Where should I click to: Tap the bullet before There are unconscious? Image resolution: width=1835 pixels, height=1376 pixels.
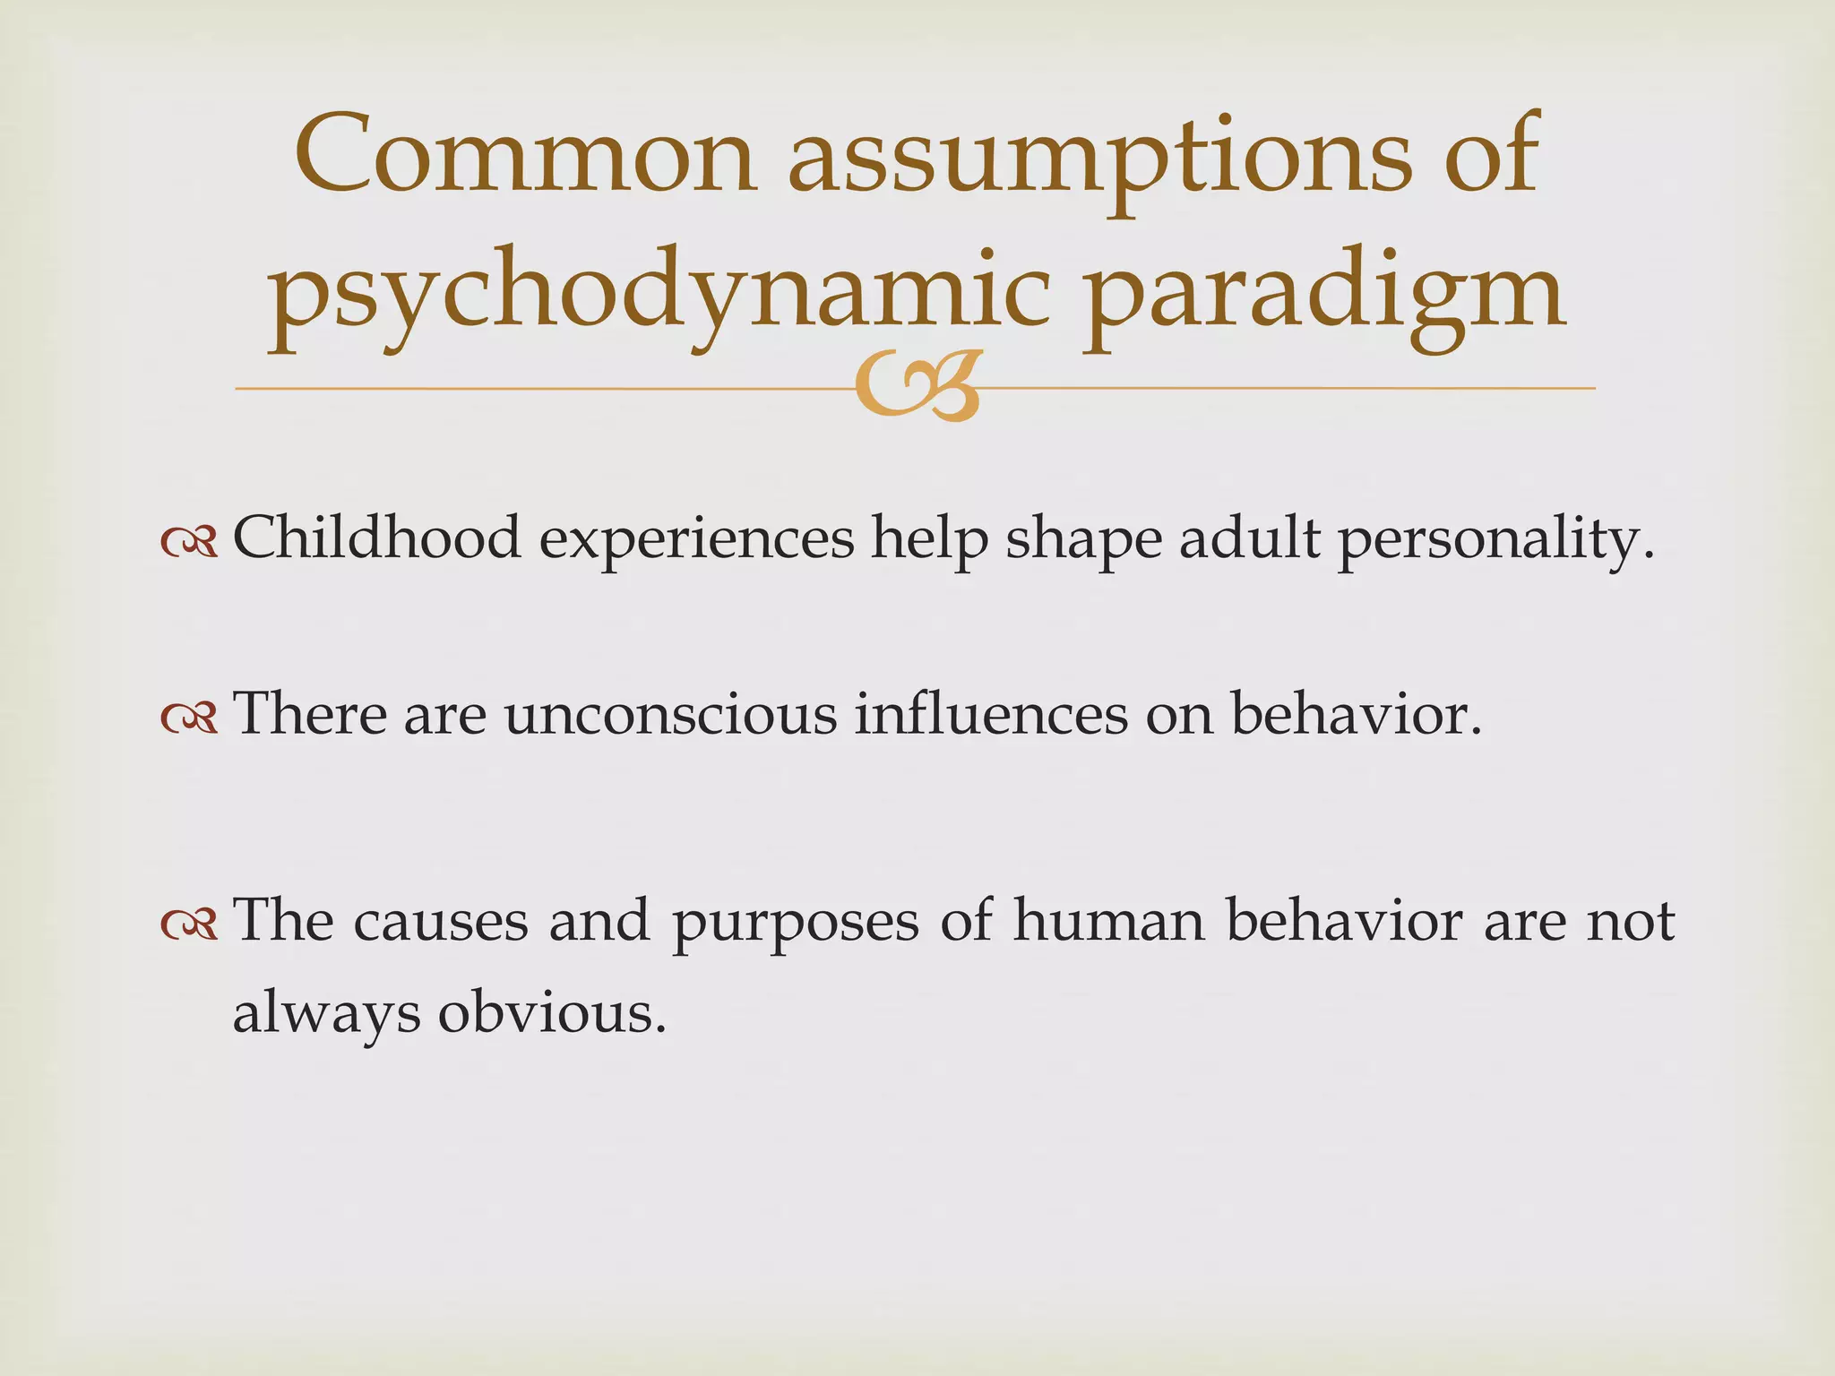coord(189,717)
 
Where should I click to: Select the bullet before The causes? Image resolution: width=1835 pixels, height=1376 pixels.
coord(189,924)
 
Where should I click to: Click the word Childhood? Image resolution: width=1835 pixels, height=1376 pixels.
coord(376,537)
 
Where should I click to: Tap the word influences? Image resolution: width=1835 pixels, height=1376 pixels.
coord(990,715)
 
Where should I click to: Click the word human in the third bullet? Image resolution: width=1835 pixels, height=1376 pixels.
coord(1108,921)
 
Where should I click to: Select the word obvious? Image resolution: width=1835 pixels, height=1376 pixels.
coord(551,1014)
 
